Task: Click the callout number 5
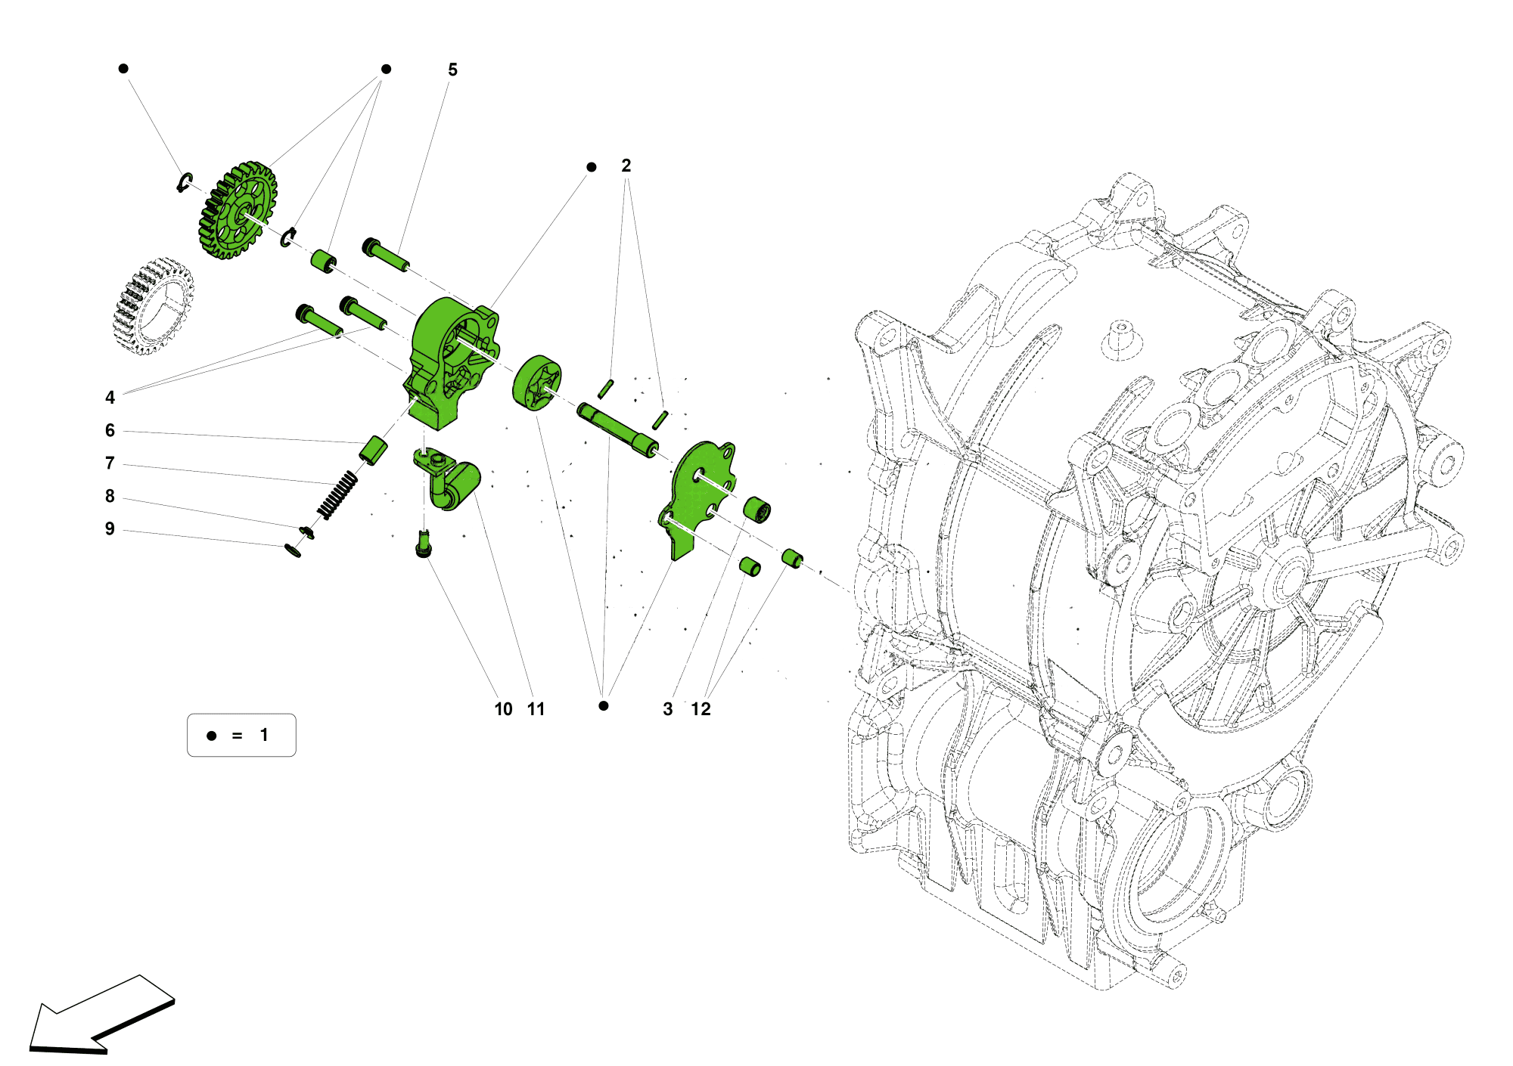452,70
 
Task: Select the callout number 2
626,166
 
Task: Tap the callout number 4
110,398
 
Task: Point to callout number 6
110,431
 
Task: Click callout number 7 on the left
110,463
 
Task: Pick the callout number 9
110,529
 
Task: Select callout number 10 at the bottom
503,709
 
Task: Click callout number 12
701,709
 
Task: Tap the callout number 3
667,709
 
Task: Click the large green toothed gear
238,210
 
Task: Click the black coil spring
337,496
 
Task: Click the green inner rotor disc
537,383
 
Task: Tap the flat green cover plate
696,495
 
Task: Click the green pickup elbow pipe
450,484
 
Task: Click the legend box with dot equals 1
241,735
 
